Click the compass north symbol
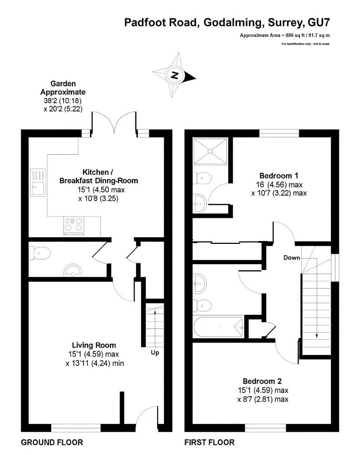pyautogui.click(x=174, y=75)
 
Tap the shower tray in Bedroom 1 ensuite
pyautogui.click(x=210, y=151)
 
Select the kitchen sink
pyautogui.click(x=38, y=182)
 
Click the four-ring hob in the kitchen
pyautogui.click(x=74, y=225)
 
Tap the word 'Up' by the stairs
pyautogui.click(x=155, y=352)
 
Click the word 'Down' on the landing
pyautogui.click(x=292, y=258)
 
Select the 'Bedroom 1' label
pyautogui.click(x=279, y=176)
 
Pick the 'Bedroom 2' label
pyautogui.click(x=262, y=381)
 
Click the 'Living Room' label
pyautogui.click(x=94, y=345)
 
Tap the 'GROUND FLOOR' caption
pyautogui.click(x=52, y=442)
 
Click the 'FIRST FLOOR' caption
pyautogui.click(x=210, y=442)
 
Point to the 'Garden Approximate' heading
pyautogui.click(x=63, y=88)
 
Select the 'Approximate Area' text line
pyautogui.click(x=285, y=35)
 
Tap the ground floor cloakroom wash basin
pyautogui.click(x=73, y=271)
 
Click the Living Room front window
pyautogui.click(x=76, y=428)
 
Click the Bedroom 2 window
pyautogui.click(x=265, y=428)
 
